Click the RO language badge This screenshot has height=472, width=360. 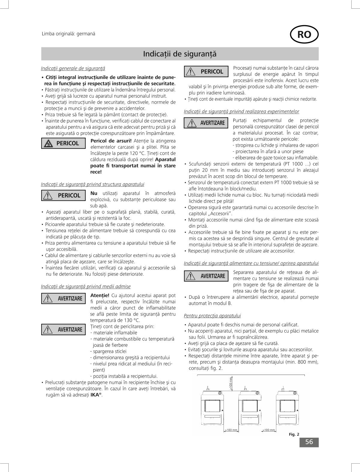(x=304, y=35)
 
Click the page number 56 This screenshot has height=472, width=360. (x=309, y=442)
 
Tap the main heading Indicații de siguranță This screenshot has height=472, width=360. (x=180, y=54)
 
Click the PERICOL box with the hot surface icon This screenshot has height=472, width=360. (x=63, y=143)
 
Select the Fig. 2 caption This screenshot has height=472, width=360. (x=294, y=434)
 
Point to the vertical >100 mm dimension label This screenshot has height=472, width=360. (x=231, y=383)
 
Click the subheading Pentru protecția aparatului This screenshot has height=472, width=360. (x=212, y=316)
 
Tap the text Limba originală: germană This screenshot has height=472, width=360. (x=68, y=34)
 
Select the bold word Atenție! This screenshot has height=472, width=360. (x=100, y=295)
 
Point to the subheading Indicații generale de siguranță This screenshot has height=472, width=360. (x=73, y=69)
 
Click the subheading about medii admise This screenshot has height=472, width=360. (x=86, y=286)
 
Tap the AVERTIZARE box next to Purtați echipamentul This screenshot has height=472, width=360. (x=206, y=123)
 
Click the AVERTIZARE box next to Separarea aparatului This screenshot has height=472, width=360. (x=206, y=276)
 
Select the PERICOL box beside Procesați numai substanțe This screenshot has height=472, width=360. (x=206, y=72)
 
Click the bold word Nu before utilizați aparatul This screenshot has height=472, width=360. (x=94, y=193)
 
